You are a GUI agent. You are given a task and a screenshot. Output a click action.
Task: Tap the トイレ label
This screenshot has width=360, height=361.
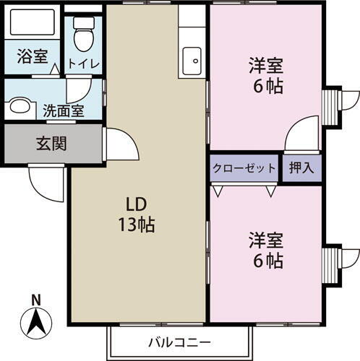[84, 63]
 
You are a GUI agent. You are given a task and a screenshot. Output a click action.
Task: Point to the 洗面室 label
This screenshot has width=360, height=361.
[63, 111]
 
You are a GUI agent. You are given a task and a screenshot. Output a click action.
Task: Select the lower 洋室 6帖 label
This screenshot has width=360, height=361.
[265, 248]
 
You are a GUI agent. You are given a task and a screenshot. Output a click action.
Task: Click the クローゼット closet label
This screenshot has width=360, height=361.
[244, 169]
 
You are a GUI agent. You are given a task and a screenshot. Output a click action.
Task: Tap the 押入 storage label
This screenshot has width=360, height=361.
[301, 169]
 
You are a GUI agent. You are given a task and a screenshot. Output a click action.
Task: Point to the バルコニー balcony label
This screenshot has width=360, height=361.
[180, 342]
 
